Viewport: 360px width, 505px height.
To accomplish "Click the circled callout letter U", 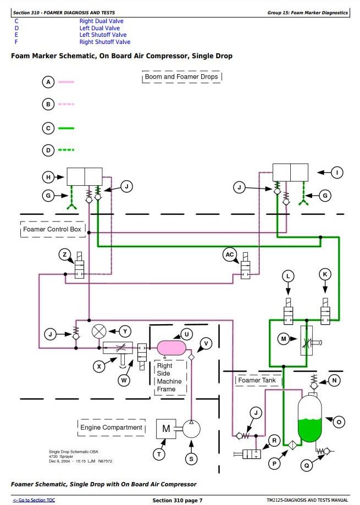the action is (x=186, y=334).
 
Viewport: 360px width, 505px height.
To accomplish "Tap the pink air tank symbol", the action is (x=171, y=347).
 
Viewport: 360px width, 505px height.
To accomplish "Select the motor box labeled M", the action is (x=166, y=429).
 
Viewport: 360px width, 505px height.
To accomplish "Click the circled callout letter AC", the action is (x=230, y=254).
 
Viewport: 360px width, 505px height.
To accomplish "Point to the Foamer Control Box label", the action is (x=52, y=229).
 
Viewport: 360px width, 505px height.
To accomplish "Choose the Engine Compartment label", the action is (x=111, y=428).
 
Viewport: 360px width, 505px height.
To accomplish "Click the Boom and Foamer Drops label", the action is (x=181, y=76).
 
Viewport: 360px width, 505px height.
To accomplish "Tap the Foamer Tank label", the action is (x=257, y=380).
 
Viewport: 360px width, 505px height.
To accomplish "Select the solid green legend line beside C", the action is (x=66, y=128).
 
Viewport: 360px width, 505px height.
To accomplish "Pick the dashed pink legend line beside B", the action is (x=66, y=104).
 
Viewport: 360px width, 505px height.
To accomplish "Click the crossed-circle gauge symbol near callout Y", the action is (x=99, y=331).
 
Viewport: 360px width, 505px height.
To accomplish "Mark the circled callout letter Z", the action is (x=65, y=254).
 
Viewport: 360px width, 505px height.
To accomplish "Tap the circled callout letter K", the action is (x=325, y=274).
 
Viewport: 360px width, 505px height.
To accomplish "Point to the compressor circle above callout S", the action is (x=191, y=429).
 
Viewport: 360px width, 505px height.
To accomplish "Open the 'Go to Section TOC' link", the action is (x=34, y=500).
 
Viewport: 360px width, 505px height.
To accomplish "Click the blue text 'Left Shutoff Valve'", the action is (x=103, y=35).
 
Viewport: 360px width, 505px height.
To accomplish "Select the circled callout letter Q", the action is (x=307, y=465).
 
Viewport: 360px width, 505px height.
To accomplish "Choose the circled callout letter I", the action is (x=337, y=173).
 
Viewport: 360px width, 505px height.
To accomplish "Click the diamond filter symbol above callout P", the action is (x=292, y=445).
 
